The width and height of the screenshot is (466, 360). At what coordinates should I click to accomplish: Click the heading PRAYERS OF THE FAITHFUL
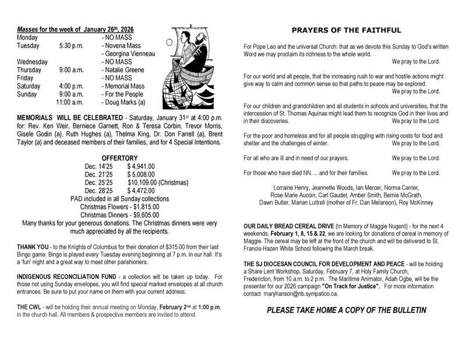click(346, 30)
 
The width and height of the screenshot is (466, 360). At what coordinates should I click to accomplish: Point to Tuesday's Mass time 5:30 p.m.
click(71, 45)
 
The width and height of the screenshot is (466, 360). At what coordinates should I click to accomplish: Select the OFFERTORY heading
click(119, 158)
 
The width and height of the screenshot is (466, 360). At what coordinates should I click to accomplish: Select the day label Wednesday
click(32, 62)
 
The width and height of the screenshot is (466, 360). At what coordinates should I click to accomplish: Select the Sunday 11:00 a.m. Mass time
click(70, 103)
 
